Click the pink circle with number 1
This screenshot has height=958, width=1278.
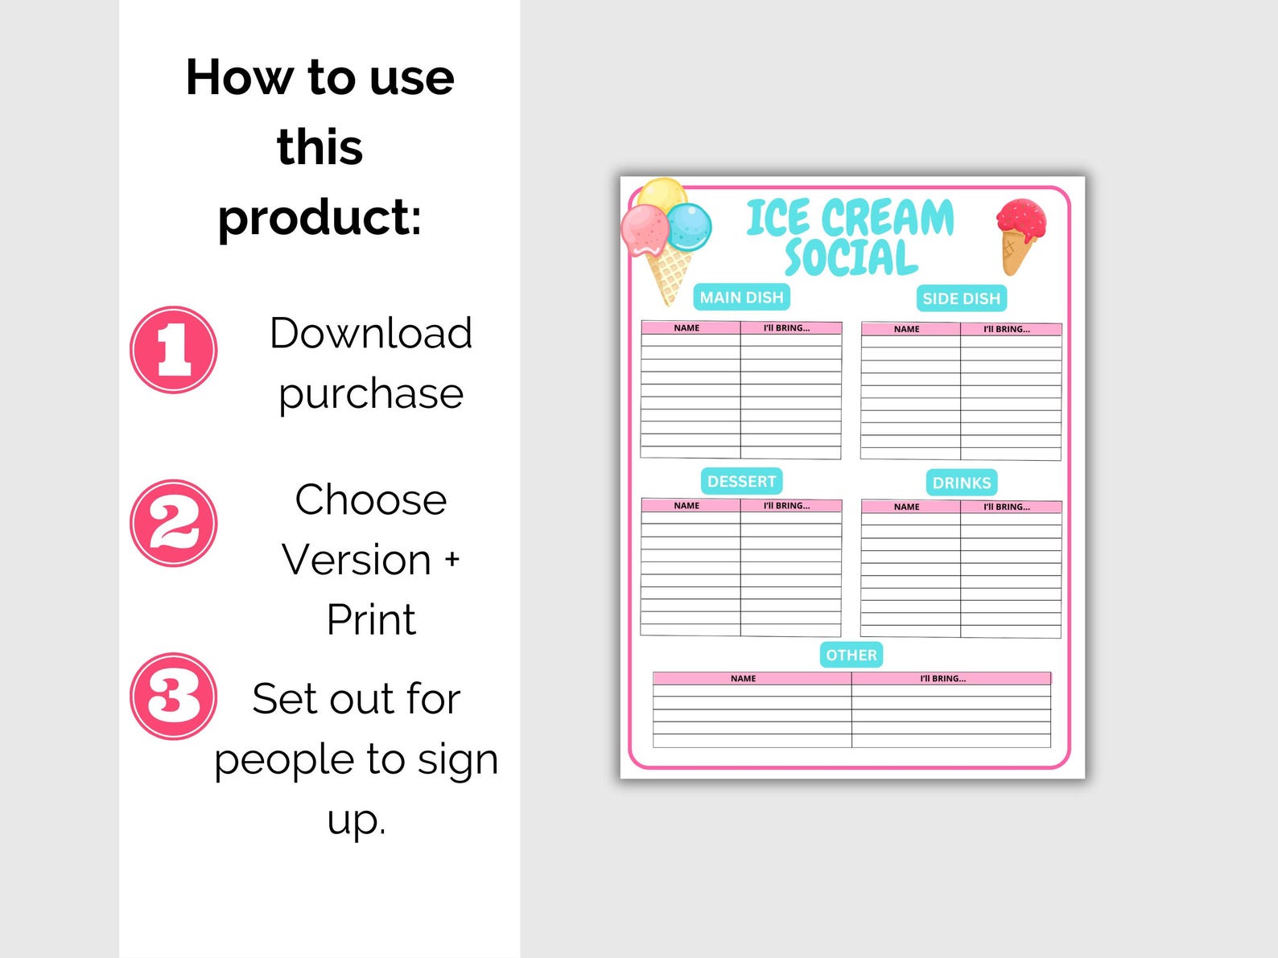174,350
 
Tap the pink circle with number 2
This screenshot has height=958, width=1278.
174,524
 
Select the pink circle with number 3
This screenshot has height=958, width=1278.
174,697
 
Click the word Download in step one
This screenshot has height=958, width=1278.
370,333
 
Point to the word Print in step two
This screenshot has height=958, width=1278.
370,619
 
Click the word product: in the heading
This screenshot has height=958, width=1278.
319,217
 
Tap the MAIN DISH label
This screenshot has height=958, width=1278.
741,298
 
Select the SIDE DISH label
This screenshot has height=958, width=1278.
961,298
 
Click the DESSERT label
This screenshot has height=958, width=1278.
741,482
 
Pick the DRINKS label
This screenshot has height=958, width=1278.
961,483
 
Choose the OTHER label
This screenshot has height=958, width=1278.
851,656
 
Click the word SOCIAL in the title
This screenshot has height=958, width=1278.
851,258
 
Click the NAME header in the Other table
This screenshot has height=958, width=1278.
743,679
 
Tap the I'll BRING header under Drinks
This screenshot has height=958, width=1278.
1006,507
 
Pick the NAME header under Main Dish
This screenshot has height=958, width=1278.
686,328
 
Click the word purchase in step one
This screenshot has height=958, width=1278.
370,393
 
